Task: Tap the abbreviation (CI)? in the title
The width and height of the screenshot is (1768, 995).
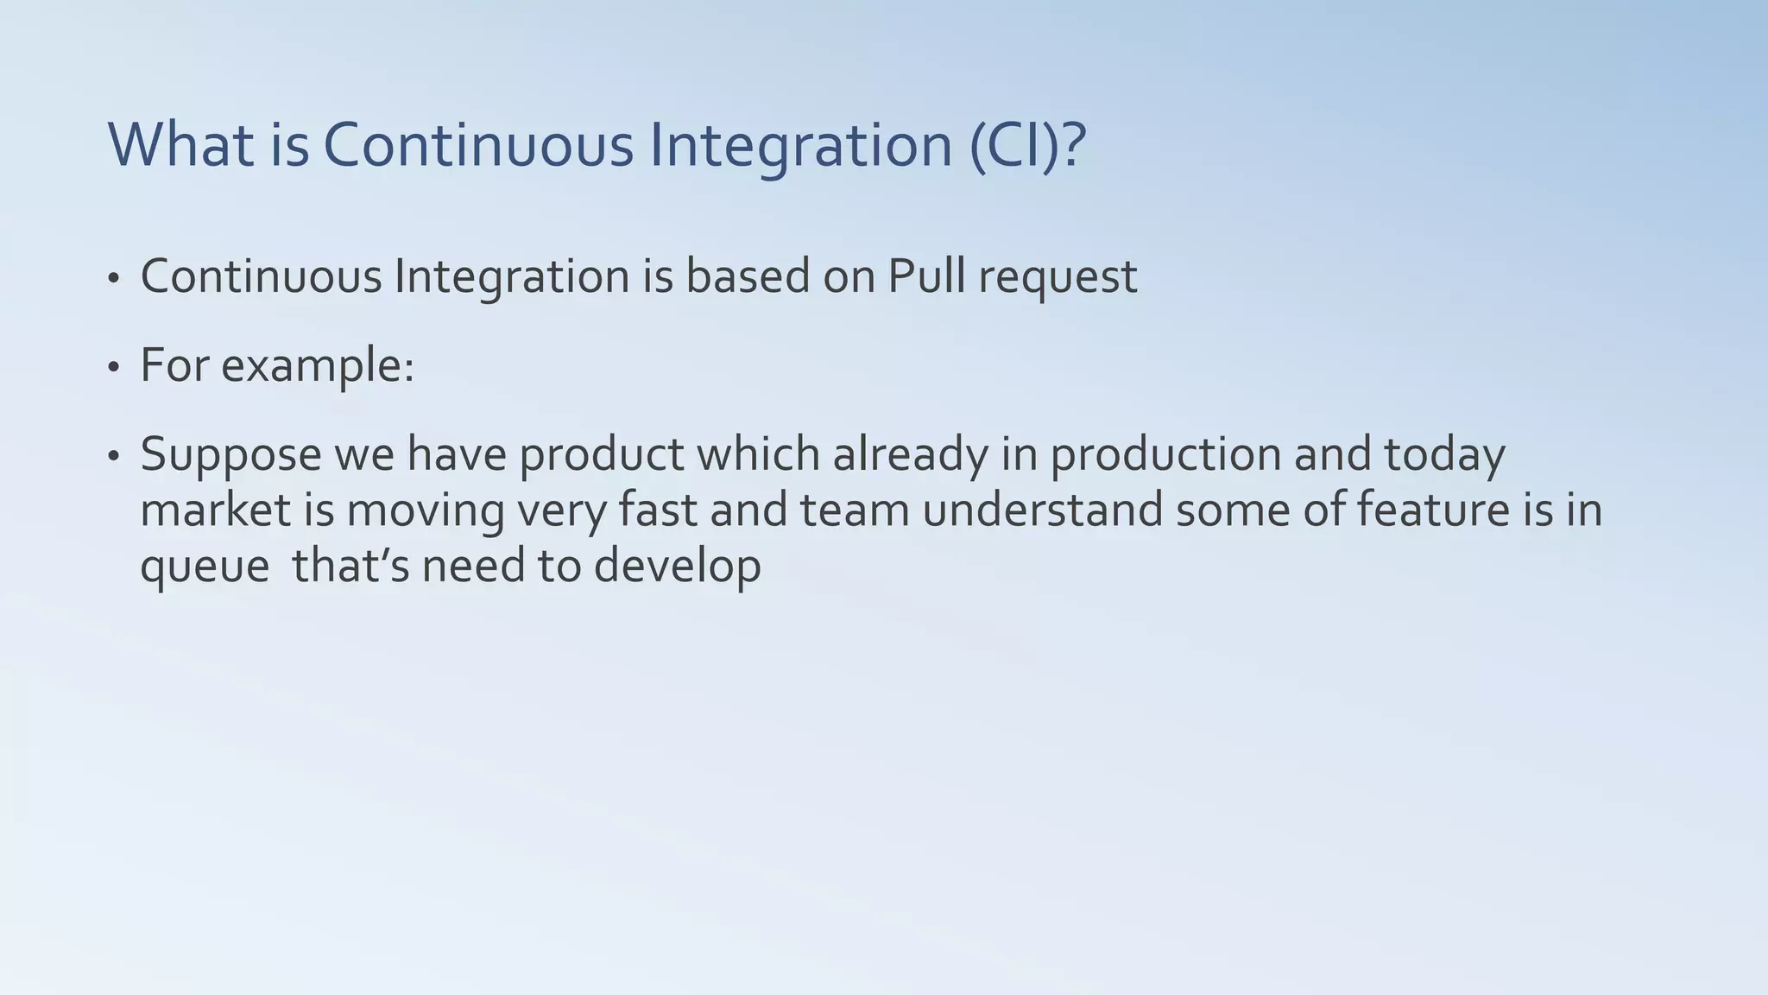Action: pos(1027,145)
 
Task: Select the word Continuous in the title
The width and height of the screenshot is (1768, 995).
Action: pos(478,145)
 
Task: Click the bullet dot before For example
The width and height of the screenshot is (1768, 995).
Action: pos(113,368)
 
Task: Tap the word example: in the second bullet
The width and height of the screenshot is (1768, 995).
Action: pos(318,366)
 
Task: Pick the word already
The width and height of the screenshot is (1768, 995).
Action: pos(910,455)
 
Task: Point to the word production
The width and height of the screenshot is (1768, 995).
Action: pos(1165,455)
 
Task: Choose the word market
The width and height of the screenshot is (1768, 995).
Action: pos(215,510)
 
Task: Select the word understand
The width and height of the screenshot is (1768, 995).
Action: pos(1043,510)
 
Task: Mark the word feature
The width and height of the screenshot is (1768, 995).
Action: pos(1428,510)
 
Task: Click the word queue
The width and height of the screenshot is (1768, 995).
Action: pos(205,567)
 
